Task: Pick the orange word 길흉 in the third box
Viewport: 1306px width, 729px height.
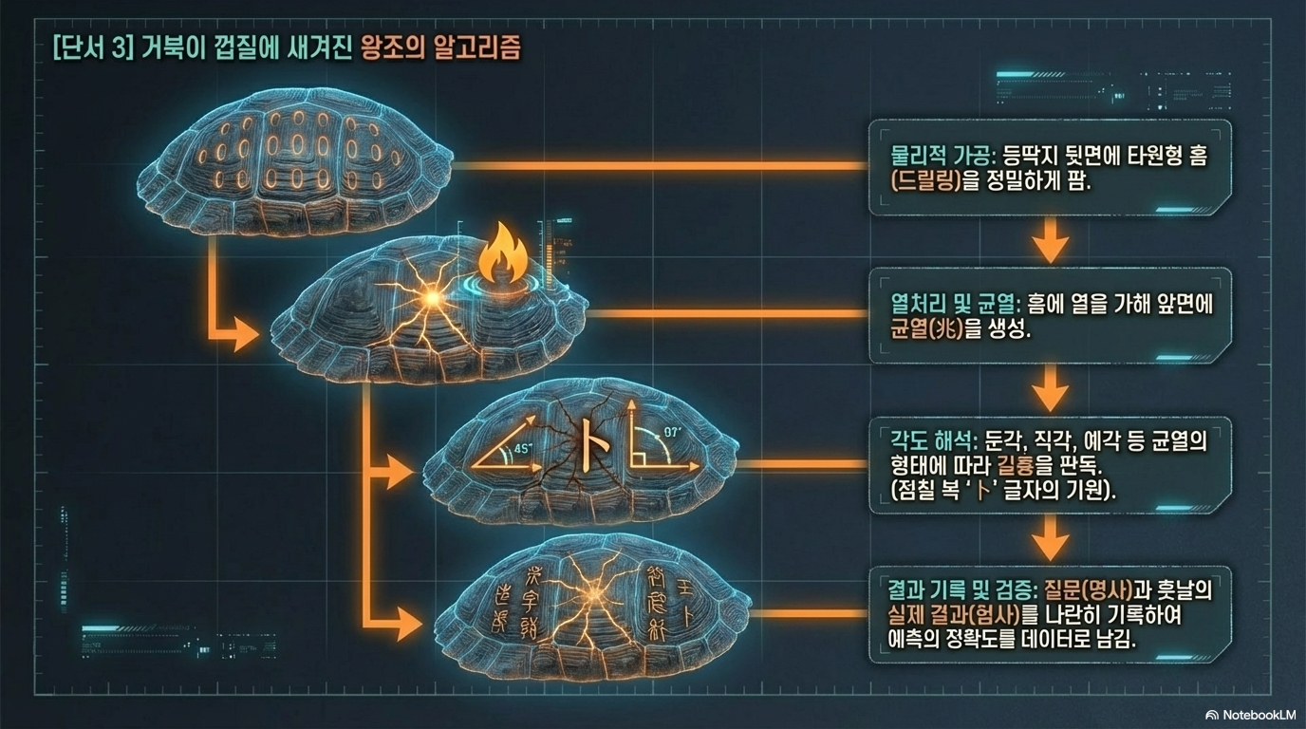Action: pyautogui.click(x=1015, y=465)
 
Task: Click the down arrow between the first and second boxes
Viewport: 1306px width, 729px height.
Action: pyautogui.click(x=1050, y=244)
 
